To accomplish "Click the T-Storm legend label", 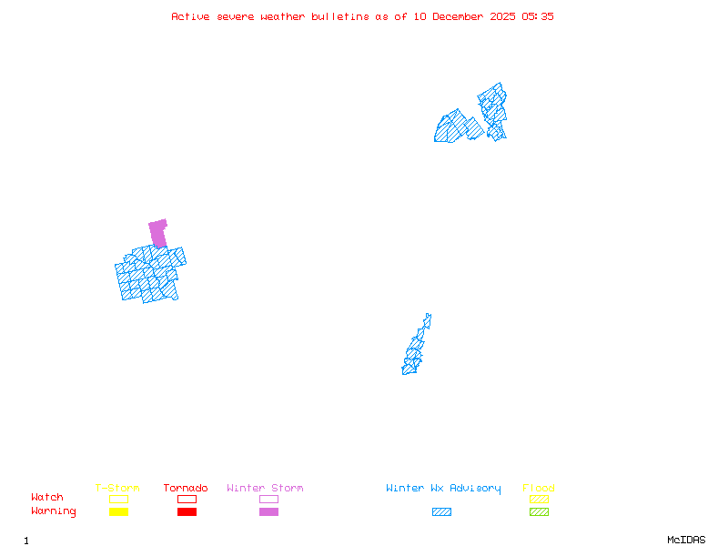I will click(117, 489).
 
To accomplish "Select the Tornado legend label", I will click(186, 489).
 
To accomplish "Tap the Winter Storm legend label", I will click(265, 489).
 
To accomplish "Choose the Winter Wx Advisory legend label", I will click(443, 489).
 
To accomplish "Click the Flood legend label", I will click(539, 489).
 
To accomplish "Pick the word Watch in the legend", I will click(47, 498).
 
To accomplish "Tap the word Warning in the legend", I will click(54, 511).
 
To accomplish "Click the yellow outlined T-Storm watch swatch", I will click(118, 499).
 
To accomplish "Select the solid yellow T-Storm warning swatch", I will click(118, 511).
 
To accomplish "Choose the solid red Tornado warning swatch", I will click(187, 511).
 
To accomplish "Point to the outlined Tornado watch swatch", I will click(187, 499).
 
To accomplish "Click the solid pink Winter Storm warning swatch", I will click(268, 511).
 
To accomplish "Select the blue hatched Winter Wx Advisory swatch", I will click(441, 511).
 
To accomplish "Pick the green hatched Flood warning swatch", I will click(539, 511).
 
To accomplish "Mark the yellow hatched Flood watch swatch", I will click(539, 499).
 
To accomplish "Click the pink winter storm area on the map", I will click(158, 233).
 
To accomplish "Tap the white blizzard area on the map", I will click(430, 329).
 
